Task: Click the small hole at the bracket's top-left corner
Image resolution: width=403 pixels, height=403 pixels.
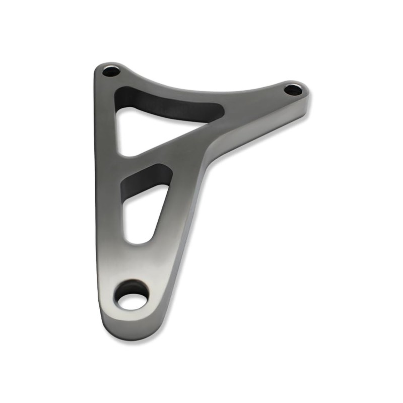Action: (x=111, y=71)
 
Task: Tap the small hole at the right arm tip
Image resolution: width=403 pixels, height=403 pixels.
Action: (x=293, y=90)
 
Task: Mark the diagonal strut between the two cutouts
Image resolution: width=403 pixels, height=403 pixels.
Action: (x=166, y=151)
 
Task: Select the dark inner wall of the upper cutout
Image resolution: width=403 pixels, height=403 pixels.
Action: (x=166, y=103)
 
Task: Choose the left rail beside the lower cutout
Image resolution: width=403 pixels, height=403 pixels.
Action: (x=108, y=212)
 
